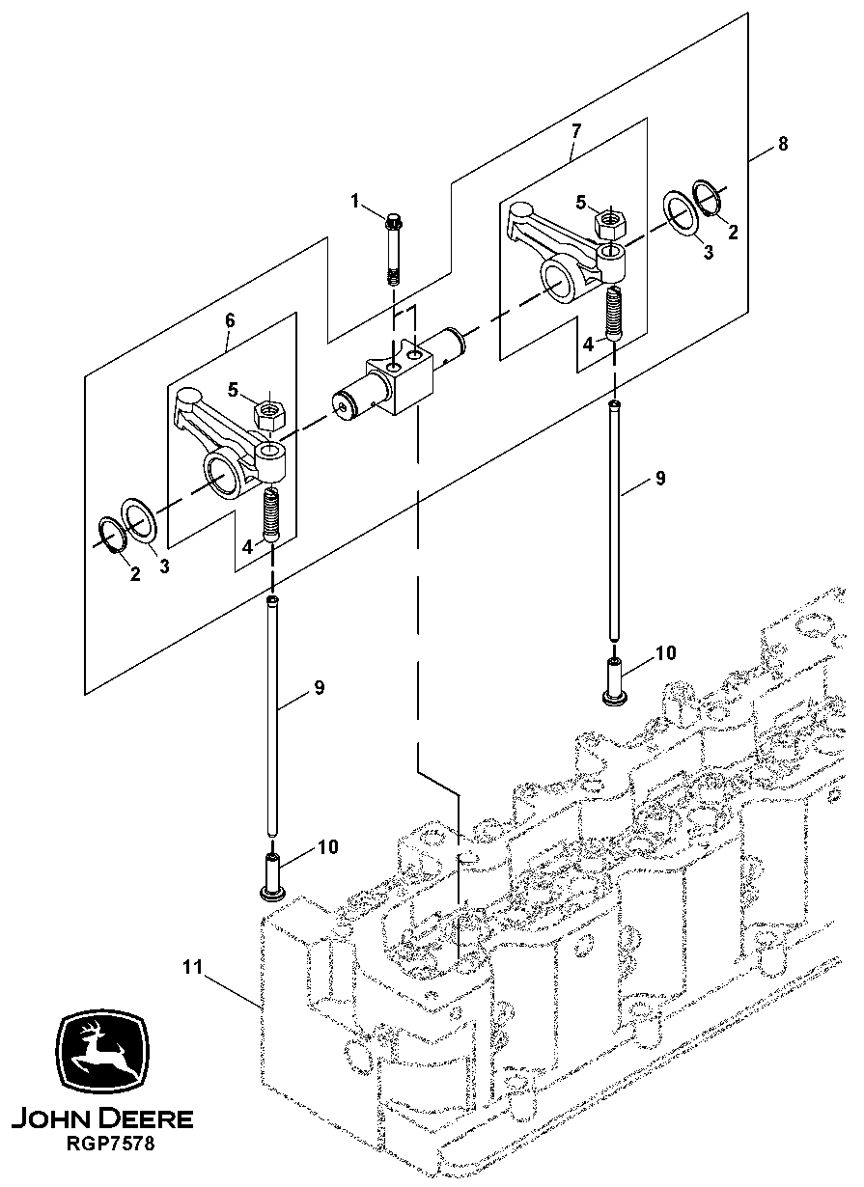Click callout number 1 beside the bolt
click(x=355, y=201)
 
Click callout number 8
click(x=783, y=144)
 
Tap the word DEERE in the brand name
click(x=143, y=1119)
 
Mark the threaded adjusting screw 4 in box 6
click(x=270, y=514)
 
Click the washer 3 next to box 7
click(x=683, y=213)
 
